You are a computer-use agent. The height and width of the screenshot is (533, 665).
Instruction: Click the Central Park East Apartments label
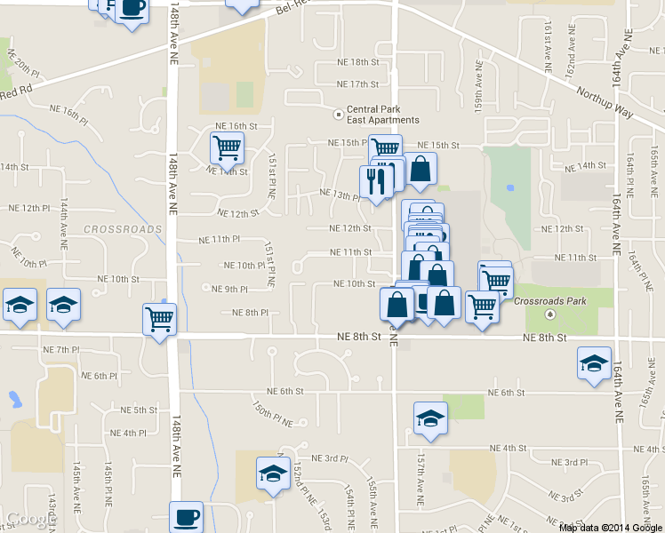[x=382, y=115]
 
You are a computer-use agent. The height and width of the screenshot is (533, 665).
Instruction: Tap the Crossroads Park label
[x=550, y=301]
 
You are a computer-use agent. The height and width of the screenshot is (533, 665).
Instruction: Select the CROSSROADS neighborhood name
[x=123, y=229]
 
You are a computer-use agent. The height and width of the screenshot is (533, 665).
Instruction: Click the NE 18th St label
[x=358, y=62]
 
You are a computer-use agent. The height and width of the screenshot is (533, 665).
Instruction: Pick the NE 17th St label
[x=358, y=84]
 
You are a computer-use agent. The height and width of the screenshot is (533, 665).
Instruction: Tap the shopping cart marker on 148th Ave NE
[x=160, y=318]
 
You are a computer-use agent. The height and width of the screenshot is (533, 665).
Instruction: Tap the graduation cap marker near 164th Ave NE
[x=594, y=362]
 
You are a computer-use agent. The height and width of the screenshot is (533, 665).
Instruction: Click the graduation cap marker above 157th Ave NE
[x=431, y=417]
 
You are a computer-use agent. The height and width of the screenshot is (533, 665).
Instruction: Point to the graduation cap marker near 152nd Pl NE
[x=273, y=472]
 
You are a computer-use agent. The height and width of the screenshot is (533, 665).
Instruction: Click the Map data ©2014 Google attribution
[x=611, y=527]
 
